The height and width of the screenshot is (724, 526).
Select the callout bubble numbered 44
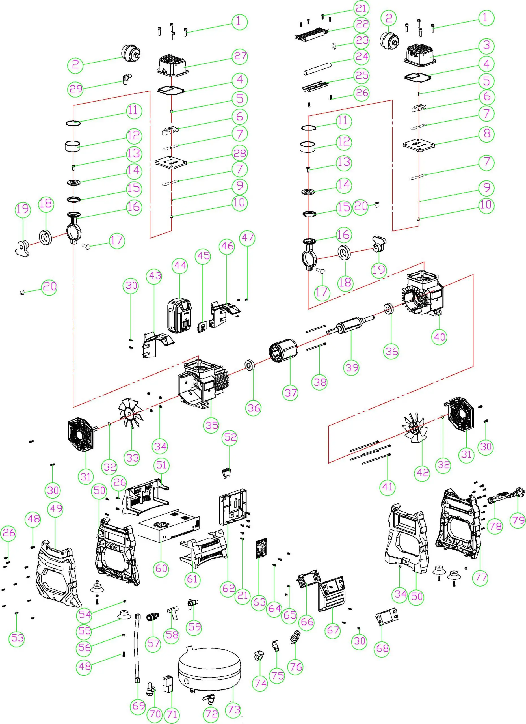[x=180, y=266]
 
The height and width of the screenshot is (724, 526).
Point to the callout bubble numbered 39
[x=352, y=367]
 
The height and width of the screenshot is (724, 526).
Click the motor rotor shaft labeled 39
[x=350, y=325]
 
